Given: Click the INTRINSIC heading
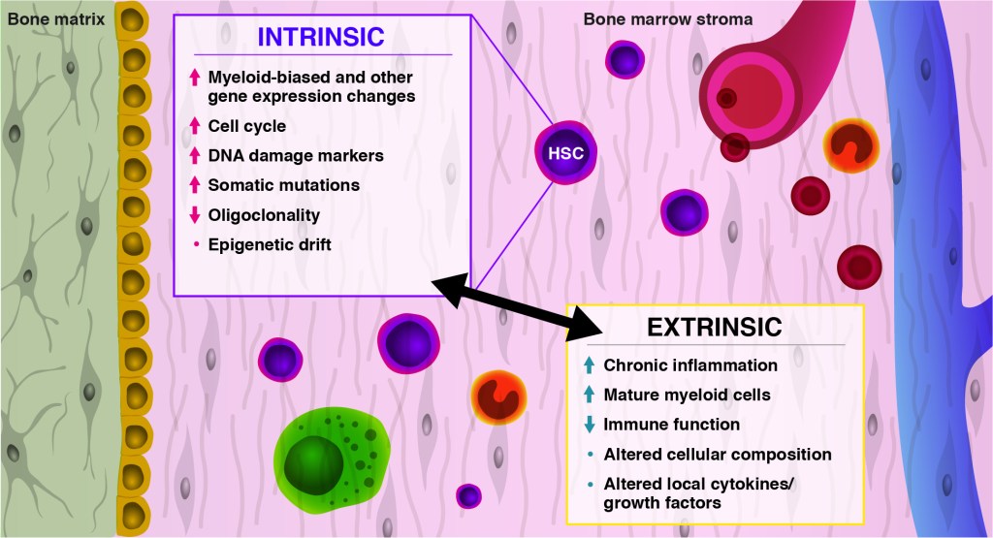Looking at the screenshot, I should coord(320,37).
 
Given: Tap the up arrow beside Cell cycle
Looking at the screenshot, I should coord(195,126).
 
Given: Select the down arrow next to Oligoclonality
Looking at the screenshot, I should coord(195,215).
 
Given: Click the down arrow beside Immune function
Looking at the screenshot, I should coord(589,425).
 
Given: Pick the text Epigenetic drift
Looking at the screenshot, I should coord(270,245).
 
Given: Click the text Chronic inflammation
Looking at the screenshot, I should coord(690,365).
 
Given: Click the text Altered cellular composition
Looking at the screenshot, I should coord(718,454).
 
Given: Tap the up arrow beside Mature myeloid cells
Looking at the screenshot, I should coord(589,395).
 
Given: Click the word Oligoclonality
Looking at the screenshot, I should coord(264,215).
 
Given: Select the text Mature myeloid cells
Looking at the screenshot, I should coord(687,395).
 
